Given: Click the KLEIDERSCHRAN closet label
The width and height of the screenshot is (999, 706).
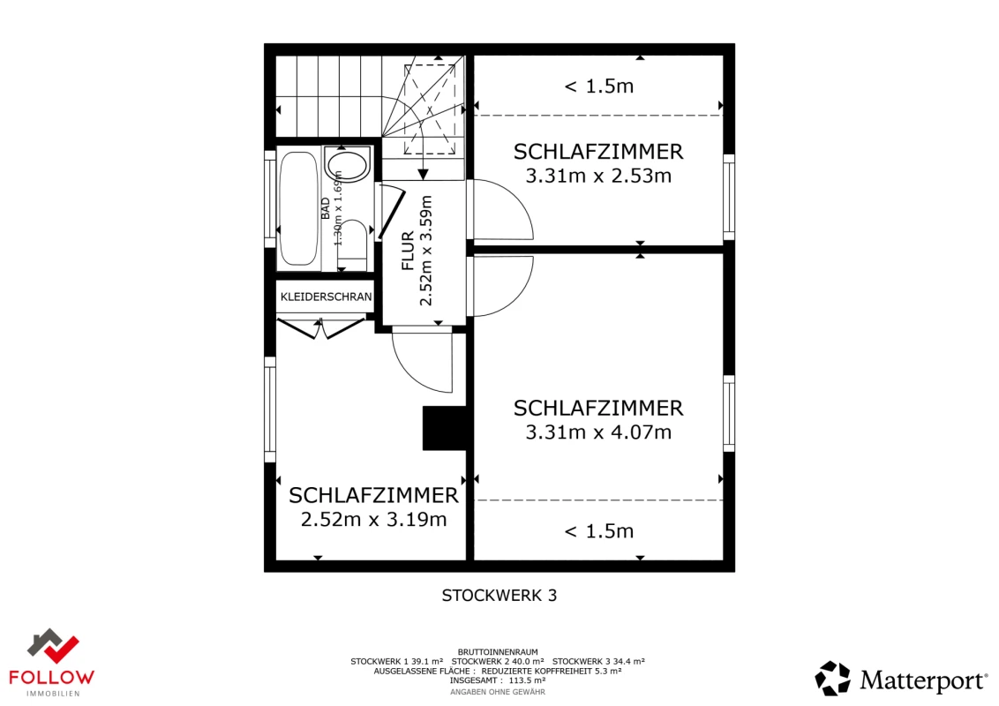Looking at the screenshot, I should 326,297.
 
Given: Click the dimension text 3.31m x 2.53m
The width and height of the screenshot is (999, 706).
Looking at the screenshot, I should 598,176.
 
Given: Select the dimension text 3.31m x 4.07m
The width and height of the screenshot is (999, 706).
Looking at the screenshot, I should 598,432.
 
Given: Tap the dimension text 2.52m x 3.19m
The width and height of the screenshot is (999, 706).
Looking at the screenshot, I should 373,520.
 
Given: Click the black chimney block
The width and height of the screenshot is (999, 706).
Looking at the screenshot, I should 444,428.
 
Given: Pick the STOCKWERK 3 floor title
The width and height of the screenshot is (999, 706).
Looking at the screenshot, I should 499,596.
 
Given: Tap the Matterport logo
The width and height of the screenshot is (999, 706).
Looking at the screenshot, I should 900,680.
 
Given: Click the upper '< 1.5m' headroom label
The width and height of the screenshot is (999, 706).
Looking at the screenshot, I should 598,86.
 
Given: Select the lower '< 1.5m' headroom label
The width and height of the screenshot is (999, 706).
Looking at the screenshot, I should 598,531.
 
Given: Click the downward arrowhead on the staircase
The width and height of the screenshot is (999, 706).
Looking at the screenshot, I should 423,172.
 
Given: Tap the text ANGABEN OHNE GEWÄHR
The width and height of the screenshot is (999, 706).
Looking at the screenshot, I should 498,692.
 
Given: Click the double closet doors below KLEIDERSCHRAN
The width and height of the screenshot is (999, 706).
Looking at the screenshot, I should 319,329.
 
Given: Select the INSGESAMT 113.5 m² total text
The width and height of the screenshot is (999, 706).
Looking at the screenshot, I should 498,680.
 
